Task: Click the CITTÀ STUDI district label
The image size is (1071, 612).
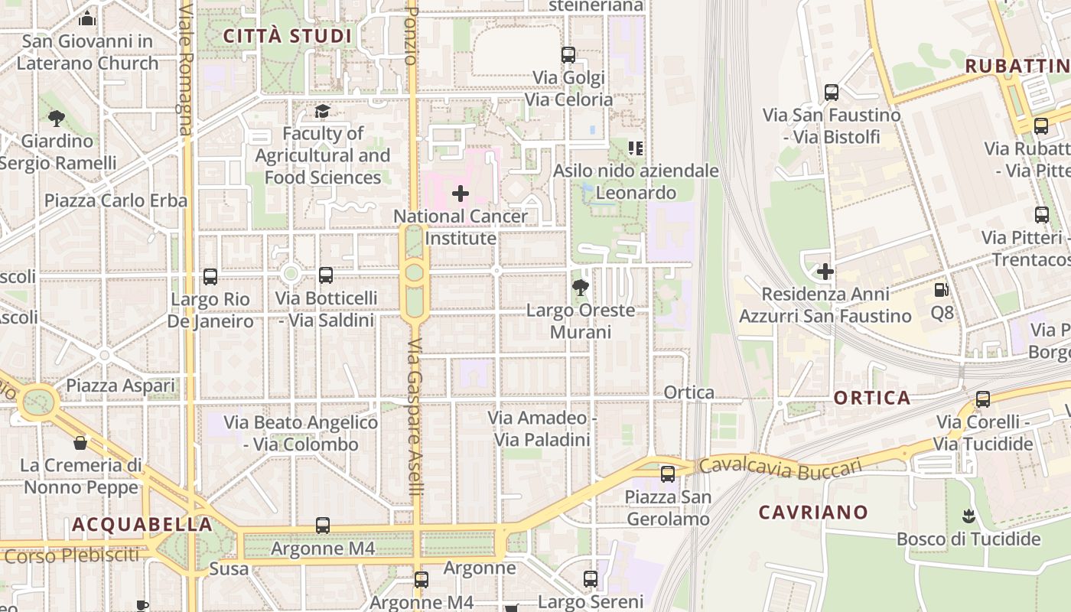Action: coord(287,36)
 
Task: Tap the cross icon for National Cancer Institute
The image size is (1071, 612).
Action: coord(461,194)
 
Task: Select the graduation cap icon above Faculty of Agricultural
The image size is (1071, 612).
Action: coord(323,112)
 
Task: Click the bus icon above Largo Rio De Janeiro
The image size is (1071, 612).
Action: coord(210,276)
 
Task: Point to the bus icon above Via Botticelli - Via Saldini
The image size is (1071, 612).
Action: coord(326,275)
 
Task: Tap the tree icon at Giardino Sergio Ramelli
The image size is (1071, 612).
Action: coord(56,119)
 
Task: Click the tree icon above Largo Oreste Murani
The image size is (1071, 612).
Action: coord(581,288)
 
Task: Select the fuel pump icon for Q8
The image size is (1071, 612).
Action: coord(942,290)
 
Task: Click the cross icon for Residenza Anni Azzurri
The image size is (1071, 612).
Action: coord(825,272)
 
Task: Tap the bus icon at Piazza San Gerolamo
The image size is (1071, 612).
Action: coord(668,474)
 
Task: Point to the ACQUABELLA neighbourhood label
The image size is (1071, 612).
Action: coord(142,525)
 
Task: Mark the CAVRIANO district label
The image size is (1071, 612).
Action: coord(813,513)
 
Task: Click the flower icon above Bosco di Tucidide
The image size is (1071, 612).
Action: coord(968,516)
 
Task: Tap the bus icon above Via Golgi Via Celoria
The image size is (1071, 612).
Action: coord(568,55)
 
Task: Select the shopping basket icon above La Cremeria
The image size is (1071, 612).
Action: coord(80,443)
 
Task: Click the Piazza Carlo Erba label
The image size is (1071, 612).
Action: coord(116,200)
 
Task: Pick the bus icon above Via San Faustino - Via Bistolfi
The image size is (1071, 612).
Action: coord(832,93)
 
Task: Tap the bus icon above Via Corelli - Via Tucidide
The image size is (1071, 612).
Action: coord(983,399)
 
